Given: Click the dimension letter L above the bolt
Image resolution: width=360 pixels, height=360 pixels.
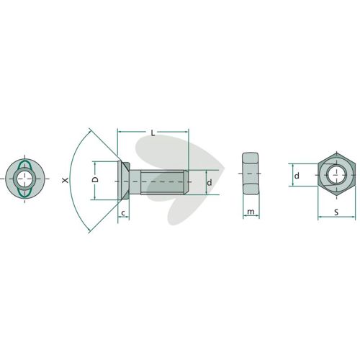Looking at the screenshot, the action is click(x=153, y=133).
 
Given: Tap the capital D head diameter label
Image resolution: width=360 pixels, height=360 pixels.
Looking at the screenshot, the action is click(x=96, y=179).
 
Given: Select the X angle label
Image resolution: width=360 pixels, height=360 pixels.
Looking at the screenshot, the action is click(x=65, y=180).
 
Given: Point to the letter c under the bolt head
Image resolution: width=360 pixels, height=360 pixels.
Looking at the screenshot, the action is click(x=123, y=212).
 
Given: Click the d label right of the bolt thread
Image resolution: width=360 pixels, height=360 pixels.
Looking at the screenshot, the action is click(x=210, y=183).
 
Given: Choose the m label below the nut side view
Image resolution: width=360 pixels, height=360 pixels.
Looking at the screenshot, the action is click(x=251, y=212).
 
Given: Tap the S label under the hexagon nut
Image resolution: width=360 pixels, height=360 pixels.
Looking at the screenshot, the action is click(x=336, y=212).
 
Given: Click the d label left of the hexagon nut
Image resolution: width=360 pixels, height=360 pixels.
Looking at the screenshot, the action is click(x=297, y=176).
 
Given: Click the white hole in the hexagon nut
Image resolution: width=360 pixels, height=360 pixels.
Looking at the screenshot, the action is click(x=336, y=175).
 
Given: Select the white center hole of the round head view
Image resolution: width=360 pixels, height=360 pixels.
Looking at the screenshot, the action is click(x=24, y=179).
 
